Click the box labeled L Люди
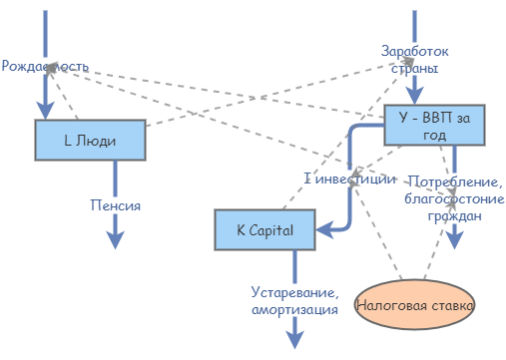click(x=90, y=141)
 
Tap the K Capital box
click(x=264, y=230)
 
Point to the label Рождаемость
click(x=46, y=66)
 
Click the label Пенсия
click(x=115, y=205)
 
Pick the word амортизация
click(x=294, y=310)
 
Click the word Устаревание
click(x=294, y=293)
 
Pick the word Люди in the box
click(x=98, y=141)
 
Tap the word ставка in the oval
click(x=447, y=303)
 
